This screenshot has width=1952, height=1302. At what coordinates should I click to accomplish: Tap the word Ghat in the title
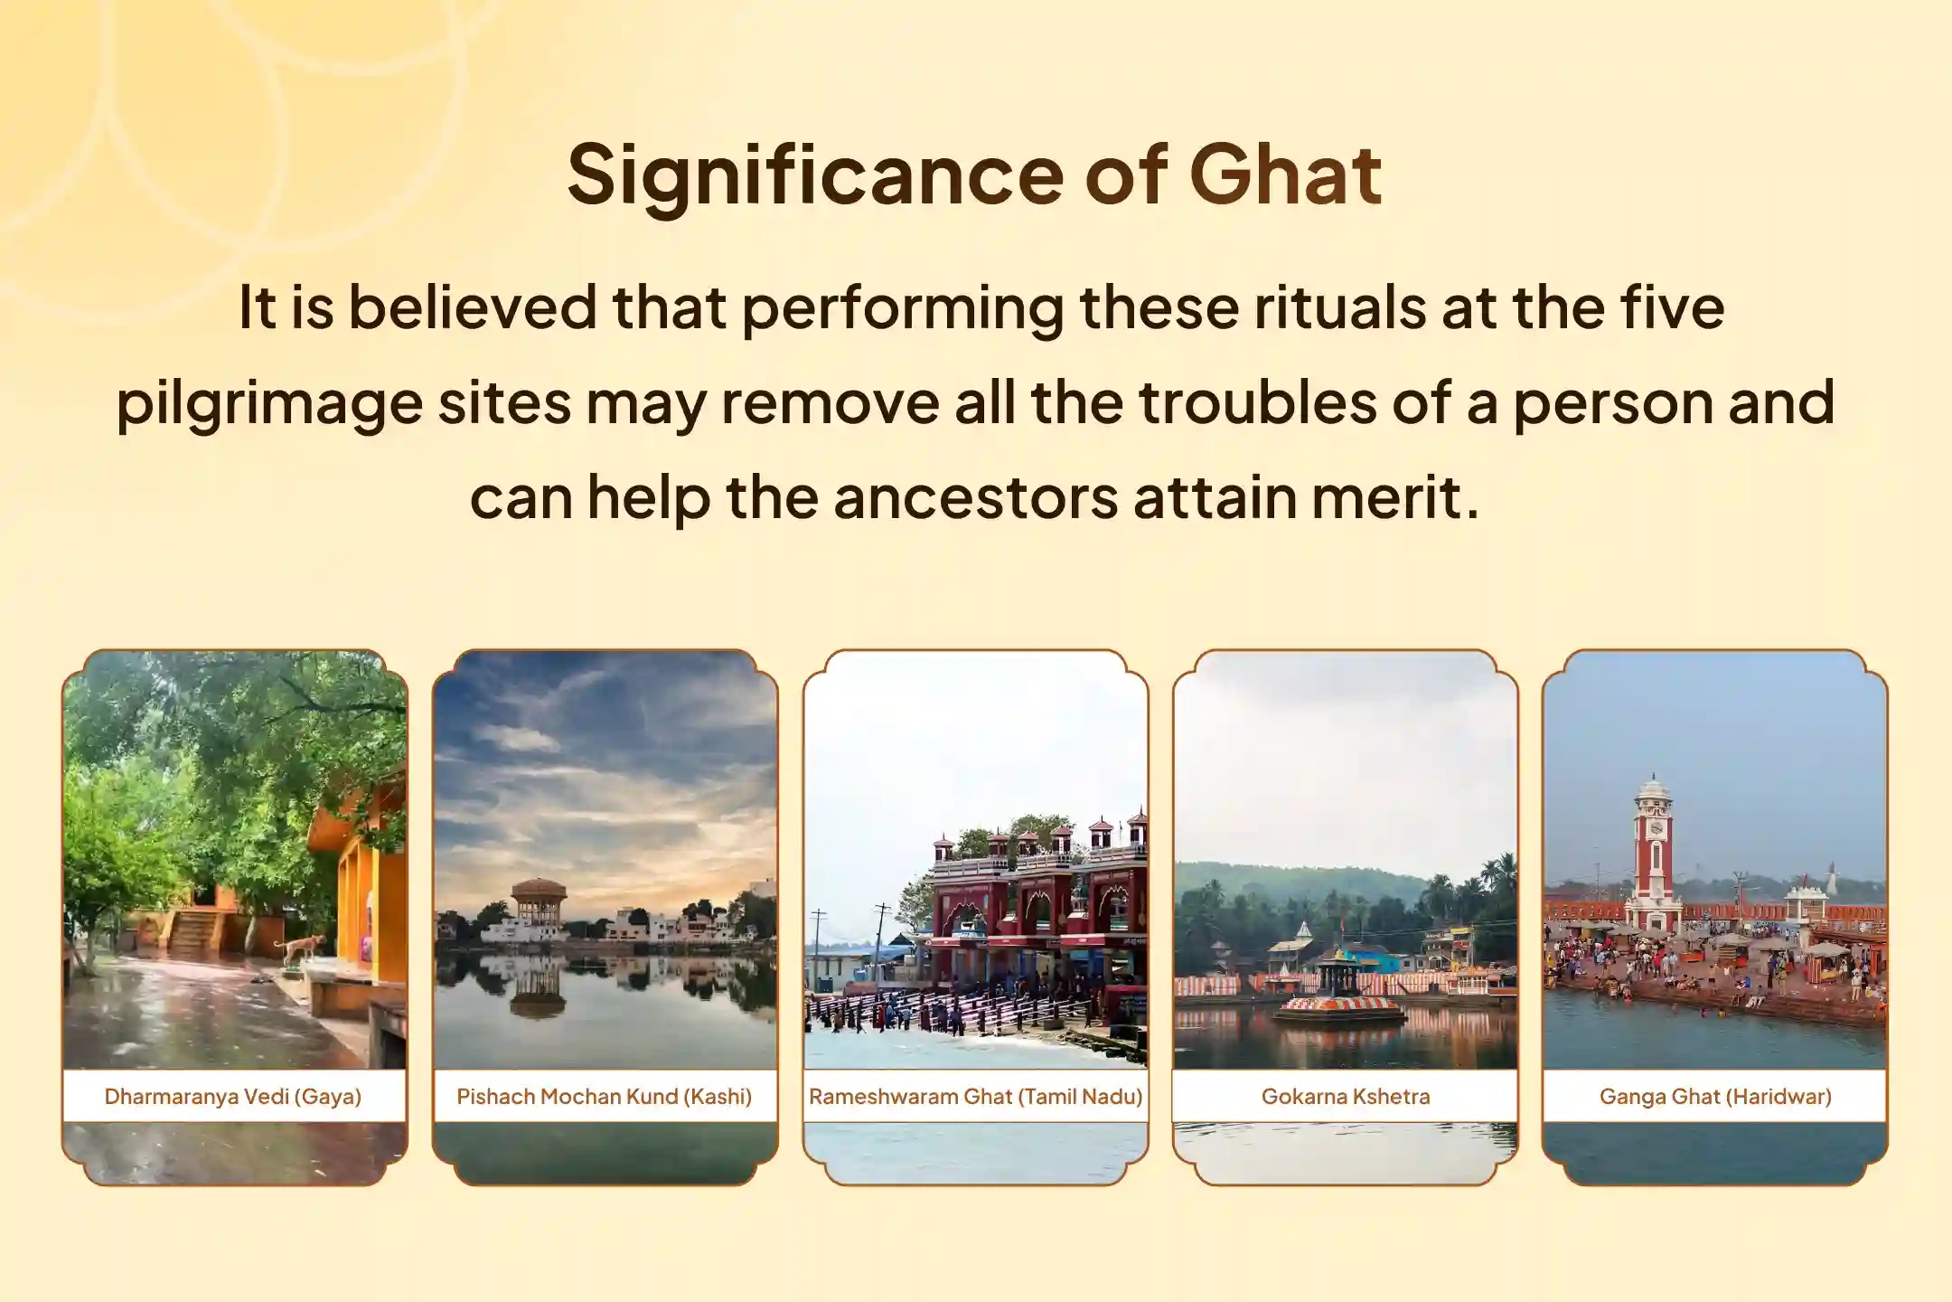click(x=1286, y=174)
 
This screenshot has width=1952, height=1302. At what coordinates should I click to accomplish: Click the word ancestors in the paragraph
click(x=976, y=497)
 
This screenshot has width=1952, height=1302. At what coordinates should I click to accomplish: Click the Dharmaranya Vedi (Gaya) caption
click(x=233, y=1097)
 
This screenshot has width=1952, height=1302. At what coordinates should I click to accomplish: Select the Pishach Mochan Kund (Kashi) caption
click(x=605, y=1097)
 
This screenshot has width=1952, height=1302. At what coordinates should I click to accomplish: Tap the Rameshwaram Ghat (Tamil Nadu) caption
click(x=976, y=1097)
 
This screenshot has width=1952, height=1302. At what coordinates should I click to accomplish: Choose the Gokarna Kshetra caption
click(x=1346, y=1097)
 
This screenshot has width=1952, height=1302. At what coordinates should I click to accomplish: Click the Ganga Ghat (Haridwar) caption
click(x=1715, y=1097)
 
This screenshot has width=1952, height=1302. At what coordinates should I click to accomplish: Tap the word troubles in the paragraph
click(x=1257, y=402)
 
